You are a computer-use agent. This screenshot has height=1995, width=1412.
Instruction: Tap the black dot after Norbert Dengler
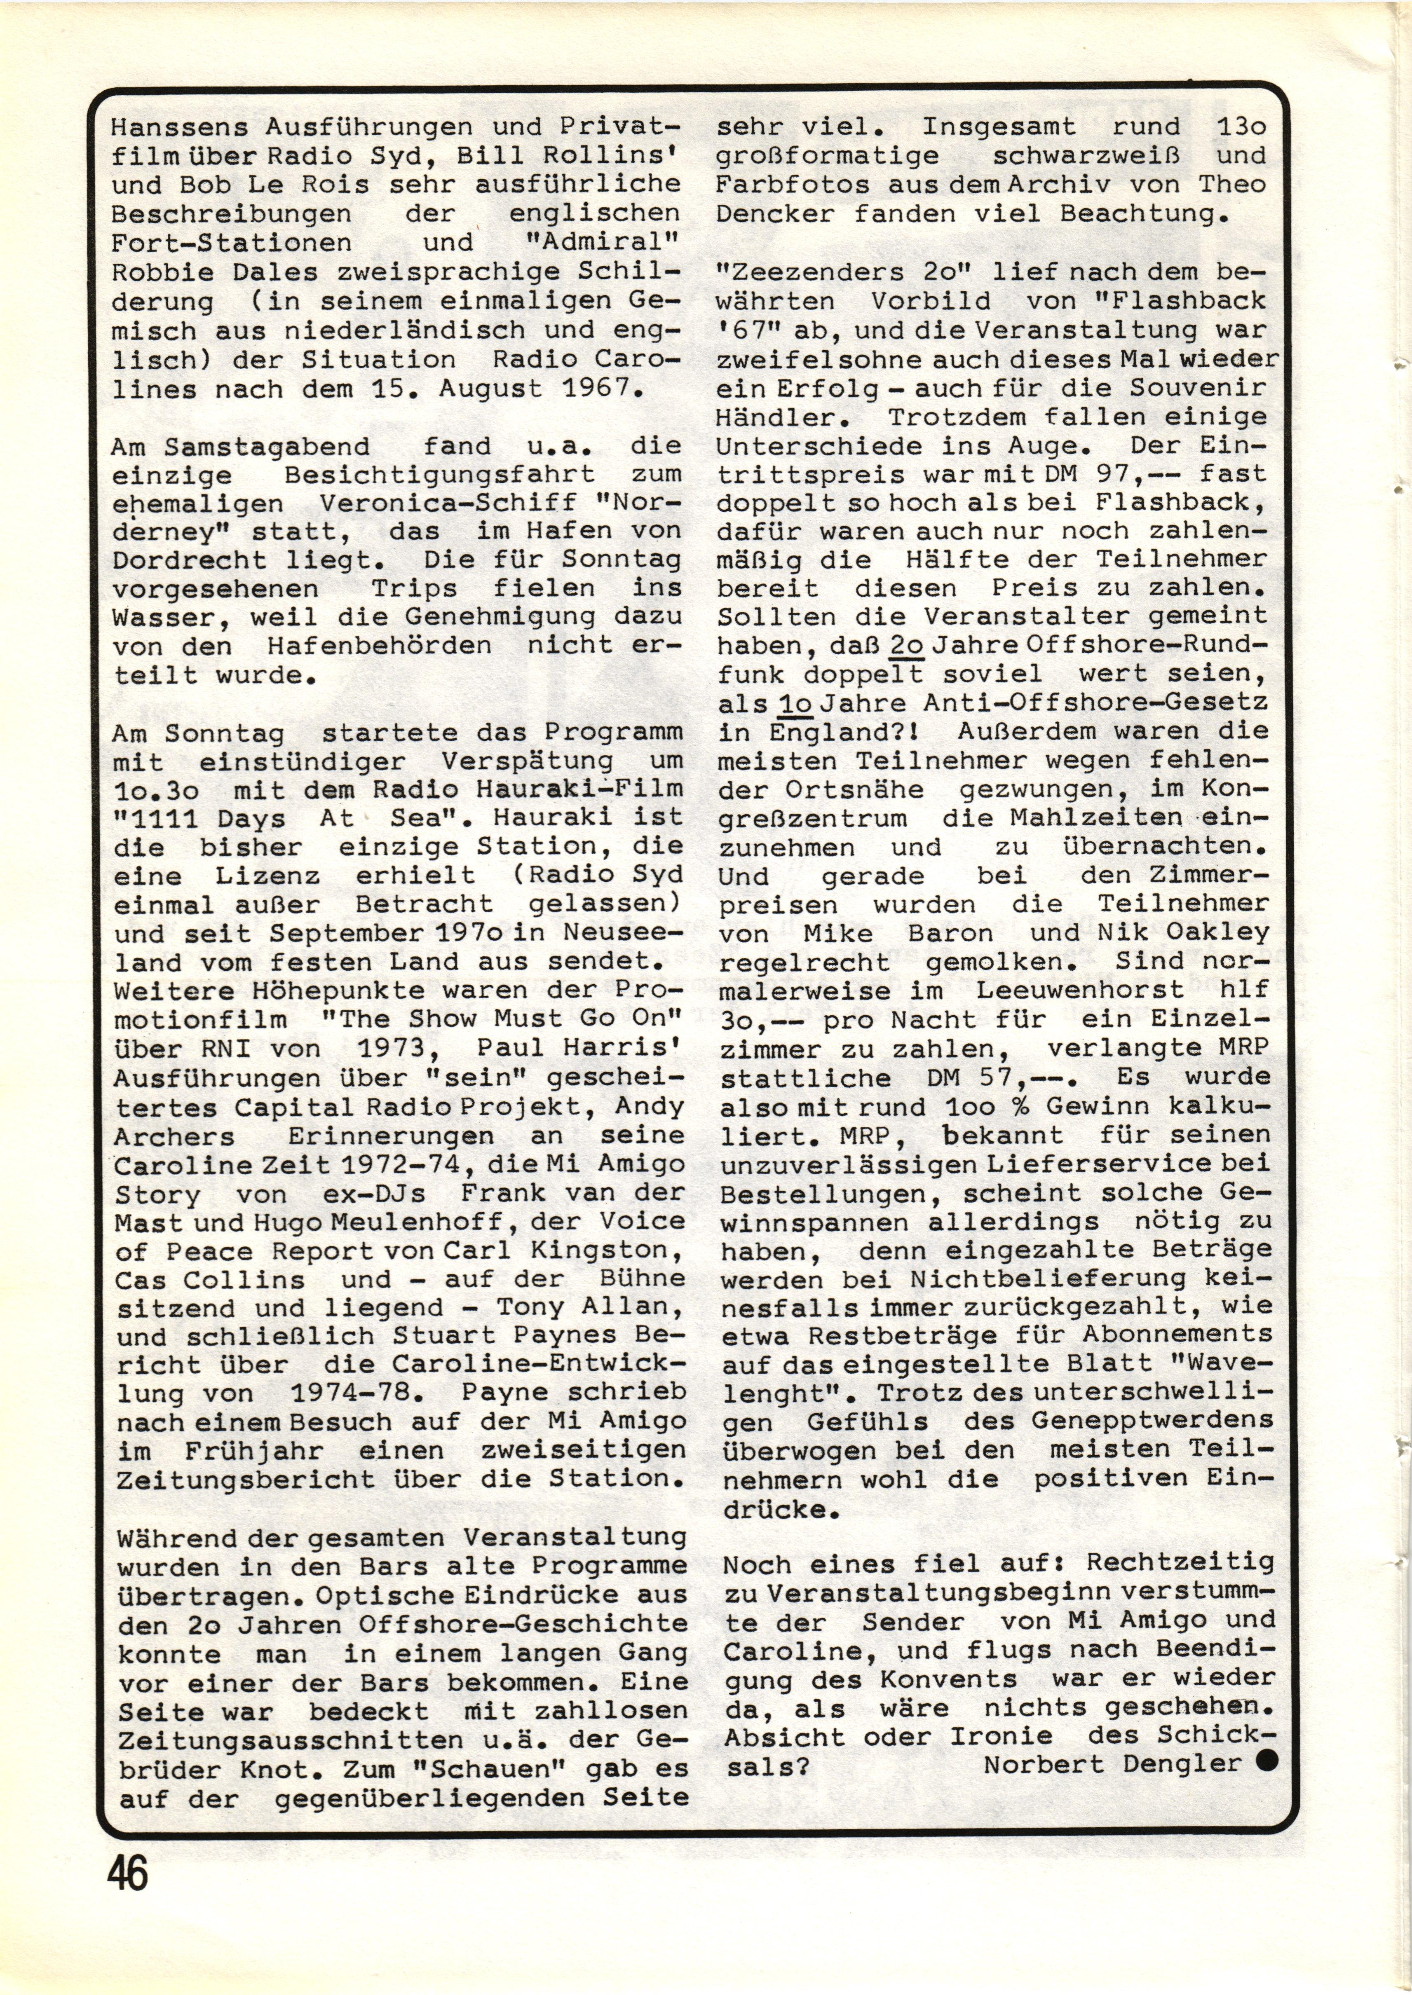coord(1267,1761)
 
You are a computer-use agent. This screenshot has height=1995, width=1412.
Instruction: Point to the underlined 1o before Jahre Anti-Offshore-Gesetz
coord(795,702)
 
